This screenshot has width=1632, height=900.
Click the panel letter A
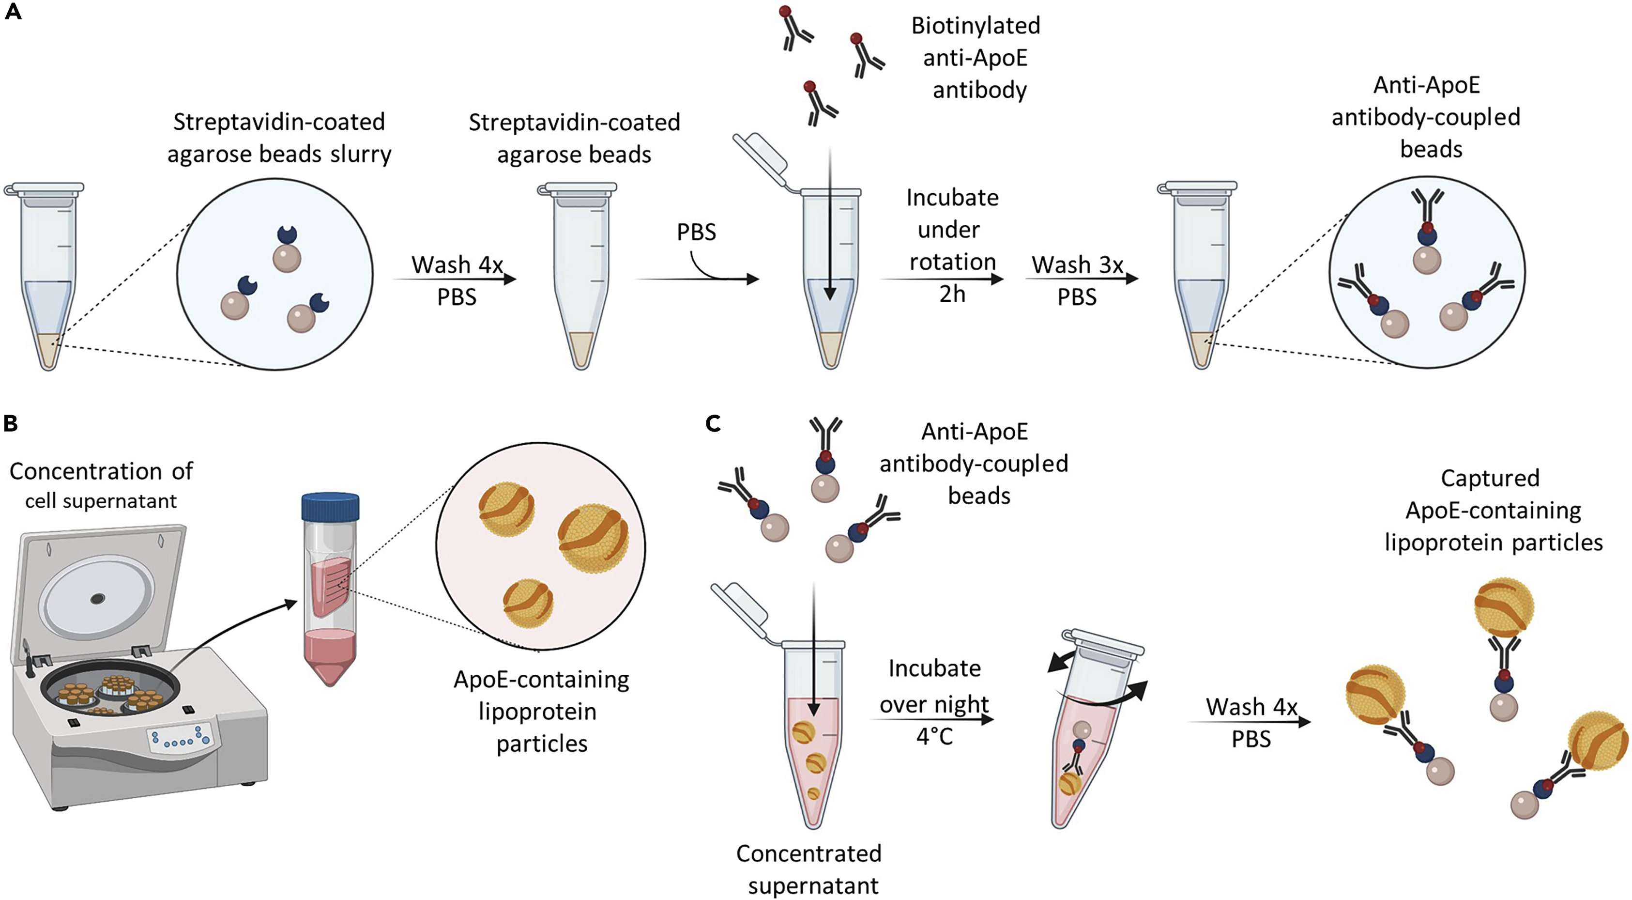13,12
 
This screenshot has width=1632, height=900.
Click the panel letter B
11,423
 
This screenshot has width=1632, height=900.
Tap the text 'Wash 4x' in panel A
457,265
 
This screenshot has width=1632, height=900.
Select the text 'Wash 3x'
1077,265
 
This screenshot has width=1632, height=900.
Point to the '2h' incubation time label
952,294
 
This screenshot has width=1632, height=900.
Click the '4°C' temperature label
934,736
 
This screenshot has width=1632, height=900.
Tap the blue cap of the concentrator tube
330,506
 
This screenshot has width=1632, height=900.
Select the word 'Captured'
1490,478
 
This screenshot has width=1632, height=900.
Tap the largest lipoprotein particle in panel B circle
593,538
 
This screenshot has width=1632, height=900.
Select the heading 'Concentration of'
101,471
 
